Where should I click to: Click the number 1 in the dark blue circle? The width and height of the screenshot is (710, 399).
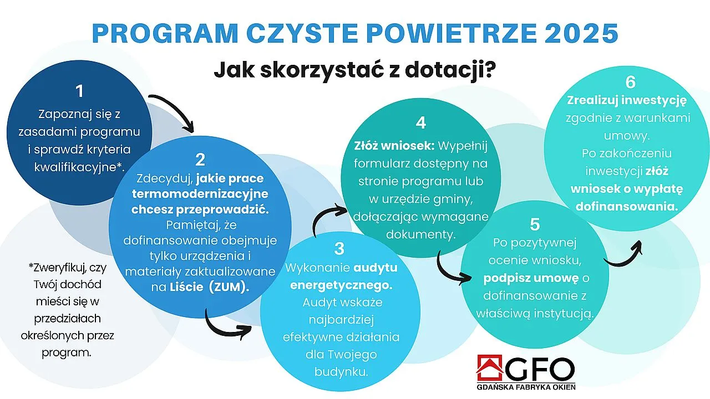[x=80, y=91]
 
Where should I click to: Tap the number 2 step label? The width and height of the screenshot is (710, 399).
[x=200, y=160]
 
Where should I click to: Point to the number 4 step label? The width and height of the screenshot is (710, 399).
[x=421, y=121]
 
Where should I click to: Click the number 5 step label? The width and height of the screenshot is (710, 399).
[x=535, y=224]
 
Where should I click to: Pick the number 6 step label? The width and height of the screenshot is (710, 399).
[x=630, y=82]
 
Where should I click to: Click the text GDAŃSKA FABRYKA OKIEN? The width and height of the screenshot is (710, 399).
[x=526, y=387]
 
